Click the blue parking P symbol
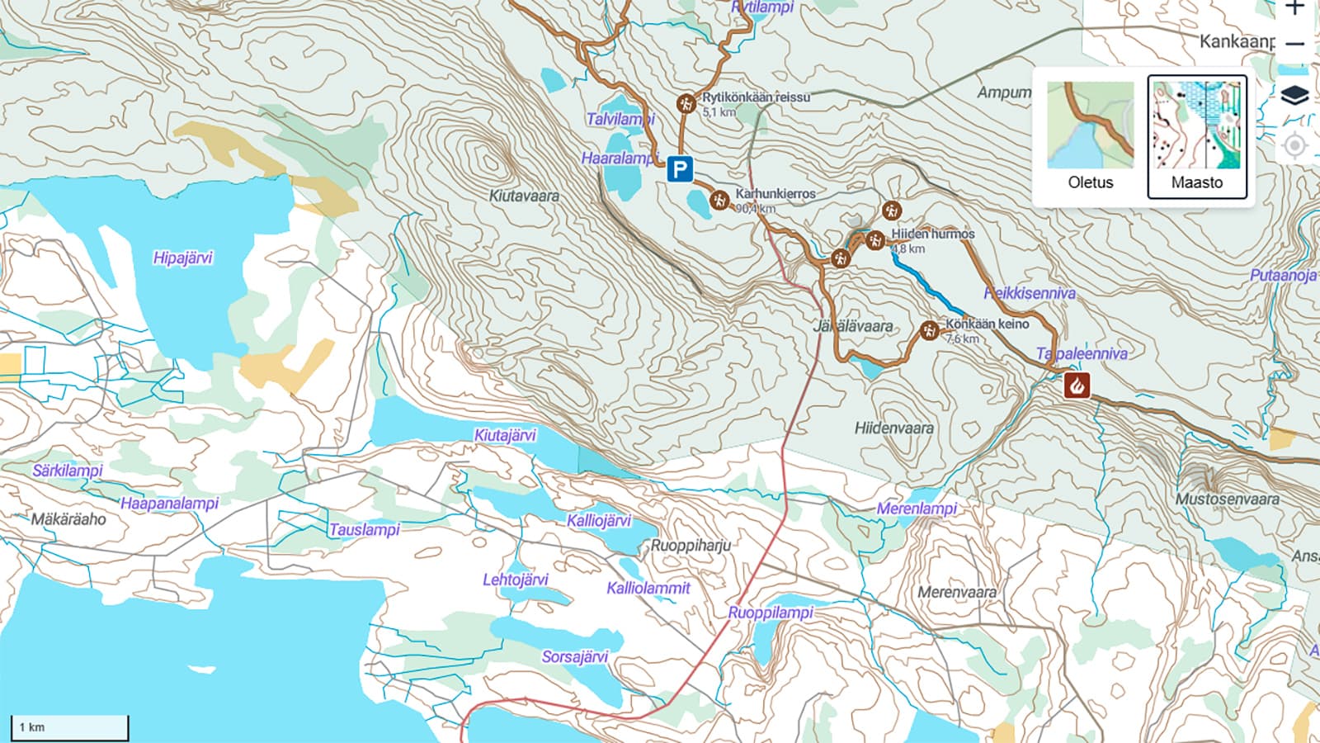tap(679, 170)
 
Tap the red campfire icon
tap(1076, 385)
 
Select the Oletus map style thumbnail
tap(1090, 136)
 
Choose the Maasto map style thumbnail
tap(1196, 136)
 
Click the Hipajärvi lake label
tap(182, 258)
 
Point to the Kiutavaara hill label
tap(524, 196)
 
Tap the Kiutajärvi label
tap(505, 434)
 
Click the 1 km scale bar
tap(69, 727)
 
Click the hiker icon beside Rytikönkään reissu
tap(685, 104)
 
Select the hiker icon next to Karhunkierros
tap(719, 200)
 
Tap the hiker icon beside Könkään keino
tap(930, 330)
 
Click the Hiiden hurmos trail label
tap(932, 234)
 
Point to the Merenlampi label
tap(916, 508)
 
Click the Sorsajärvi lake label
tap(574, 656)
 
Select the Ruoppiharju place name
tap(691, 545)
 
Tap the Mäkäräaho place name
tap(68, 518)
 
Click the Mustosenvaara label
tap(1227, 499)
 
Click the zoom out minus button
tap(1294, 44)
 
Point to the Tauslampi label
tap(364, 529)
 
